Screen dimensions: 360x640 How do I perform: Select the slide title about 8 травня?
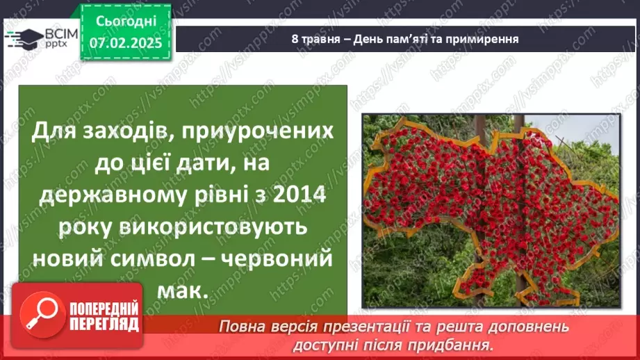click(405, 38)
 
